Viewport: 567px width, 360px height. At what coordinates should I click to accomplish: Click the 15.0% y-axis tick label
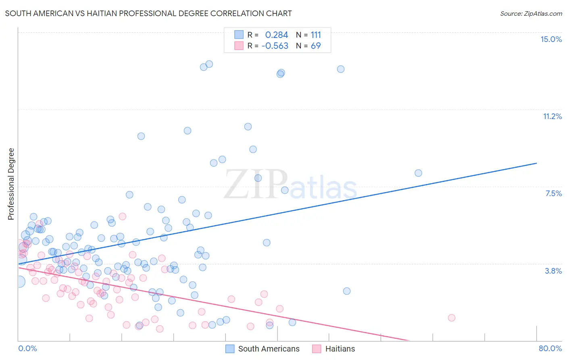[551, 39]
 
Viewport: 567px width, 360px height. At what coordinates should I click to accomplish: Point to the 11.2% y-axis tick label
[552, 116]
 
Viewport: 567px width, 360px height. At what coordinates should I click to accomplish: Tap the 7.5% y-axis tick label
[553, 193]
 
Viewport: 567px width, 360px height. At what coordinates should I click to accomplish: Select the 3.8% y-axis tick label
[553, 271]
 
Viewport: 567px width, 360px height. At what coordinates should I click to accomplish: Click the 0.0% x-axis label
[27, 348]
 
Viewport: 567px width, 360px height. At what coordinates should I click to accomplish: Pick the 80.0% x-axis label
[550, 348]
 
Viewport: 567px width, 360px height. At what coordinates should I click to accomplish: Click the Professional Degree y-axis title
[11, 184]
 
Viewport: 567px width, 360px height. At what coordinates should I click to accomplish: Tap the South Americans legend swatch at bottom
[230, 349]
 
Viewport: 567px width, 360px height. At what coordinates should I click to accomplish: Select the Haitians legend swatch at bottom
[317, 349]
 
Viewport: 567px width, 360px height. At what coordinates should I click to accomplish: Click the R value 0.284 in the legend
[277, 35]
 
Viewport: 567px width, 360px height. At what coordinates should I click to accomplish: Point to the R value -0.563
[275, 46]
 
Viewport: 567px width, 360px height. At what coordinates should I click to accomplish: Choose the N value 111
[316, 35]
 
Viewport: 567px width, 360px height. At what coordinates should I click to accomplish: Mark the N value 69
[316, 46]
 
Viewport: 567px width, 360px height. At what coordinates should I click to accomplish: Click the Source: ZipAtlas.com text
[531, 14]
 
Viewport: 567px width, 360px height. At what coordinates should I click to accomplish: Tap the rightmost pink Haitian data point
[452, 318]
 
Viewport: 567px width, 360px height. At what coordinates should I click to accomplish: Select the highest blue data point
[209, 64]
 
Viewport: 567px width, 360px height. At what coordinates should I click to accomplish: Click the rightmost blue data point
[418, 173]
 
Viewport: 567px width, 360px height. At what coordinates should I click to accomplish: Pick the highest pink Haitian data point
[123, 216]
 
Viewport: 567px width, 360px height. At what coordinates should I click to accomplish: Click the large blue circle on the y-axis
[19, 282]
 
